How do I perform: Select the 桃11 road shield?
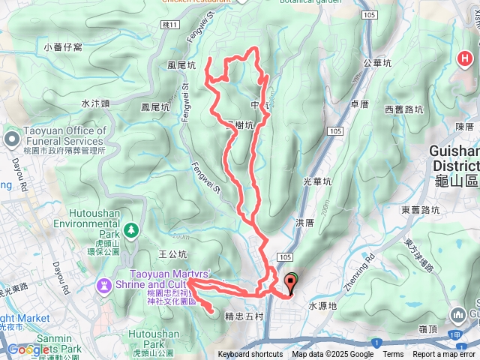click(172, 25)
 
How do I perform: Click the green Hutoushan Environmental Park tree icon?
click(132, 229)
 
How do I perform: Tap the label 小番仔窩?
click(62, 47)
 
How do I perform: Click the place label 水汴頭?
click(95, 103)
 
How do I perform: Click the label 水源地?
click(323, 306)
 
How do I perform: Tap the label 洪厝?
click(304, 223)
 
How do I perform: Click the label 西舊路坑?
click(404, 110)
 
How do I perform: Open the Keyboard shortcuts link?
click(250, 355)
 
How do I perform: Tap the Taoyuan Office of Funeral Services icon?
click(12, 138)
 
